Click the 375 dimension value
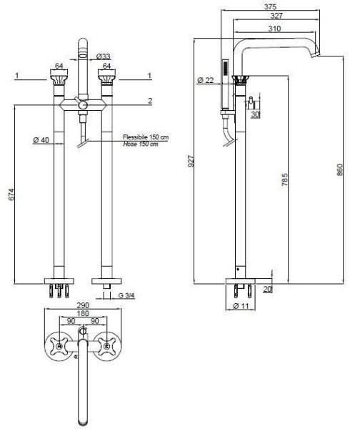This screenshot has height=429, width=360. tap(270, 6)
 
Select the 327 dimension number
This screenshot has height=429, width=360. tap(276, 16)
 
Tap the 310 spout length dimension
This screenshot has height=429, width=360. tap(274, 29)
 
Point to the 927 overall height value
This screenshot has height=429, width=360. tap(191, 161)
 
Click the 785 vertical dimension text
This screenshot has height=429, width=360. tap(284, 179)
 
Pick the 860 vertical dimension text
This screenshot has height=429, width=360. tap(339, 169)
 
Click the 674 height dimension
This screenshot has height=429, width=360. tap(11, 194)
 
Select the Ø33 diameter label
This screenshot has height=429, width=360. tap(104, 56)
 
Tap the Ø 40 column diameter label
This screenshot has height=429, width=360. tap(41, 140)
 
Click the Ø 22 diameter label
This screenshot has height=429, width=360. tap(205, 80)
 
